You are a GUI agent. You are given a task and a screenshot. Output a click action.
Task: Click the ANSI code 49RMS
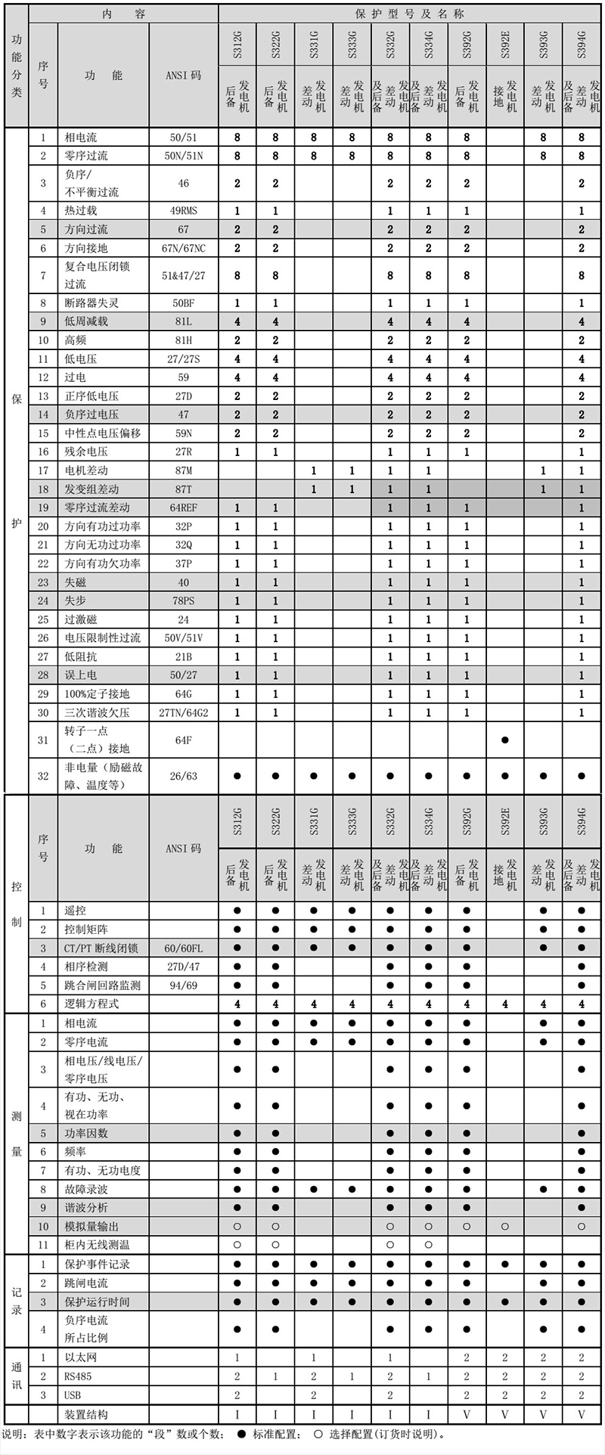[183, 211]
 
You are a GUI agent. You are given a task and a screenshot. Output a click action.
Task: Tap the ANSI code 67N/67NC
[183, 248]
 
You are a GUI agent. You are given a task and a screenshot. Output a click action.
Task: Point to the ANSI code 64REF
[183, 508]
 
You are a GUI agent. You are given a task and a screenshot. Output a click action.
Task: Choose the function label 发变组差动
[92, 489]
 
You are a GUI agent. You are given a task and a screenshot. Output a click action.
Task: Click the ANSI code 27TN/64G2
[183, 712]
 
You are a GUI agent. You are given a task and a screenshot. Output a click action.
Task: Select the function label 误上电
[81, 675]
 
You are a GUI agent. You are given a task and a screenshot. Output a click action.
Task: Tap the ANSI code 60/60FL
[183, 948]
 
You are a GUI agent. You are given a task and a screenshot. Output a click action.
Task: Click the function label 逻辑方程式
[92, 1004]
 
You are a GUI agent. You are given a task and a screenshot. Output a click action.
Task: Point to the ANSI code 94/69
[183, 985]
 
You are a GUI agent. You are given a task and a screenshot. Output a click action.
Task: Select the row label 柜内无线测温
[97, 1245]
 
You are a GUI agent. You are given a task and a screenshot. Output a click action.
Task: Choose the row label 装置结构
[86, 1414]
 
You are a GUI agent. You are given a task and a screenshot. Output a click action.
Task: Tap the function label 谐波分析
[86, 1208]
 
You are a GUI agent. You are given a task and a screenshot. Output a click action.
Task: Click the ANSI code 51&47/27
[183, 276]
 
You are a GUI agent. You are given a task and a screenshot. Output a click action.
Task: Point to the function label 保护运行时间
[97, 1301]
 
